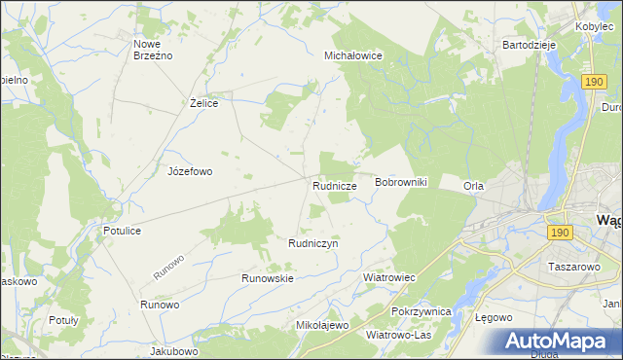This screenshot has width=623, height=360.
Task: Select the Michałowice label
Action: coord(352,56)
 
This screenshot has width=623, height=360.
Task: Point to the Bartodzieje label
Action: coord(529,45)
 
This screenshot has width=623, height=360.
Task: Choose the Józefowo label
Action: coord(190,171)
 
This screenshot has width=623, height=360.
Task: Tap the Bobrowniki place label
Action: coord(401,183)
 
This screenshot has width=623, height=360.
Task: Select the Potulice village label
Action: coord(123,231)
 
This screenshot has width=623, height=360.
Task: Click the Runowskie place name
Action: coord(268,277)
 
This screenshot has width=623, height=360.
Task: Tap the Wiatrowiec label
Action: coord(388,277)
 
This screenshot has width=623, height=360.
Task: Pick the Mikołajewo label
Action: coord(321,325)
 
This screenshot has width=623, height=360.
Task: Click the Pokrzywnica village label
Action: coord(421,311)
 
